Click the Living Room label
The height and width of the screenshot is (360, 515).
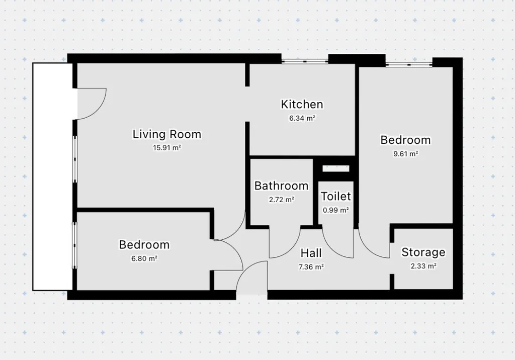pyautogui.click(x=167, y=134)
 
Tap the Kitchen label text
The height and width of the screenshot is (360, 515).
pyautogui.click(x=302, y=105)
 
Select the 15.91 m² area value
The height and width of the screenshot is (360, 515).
pyautogui.click(x=167, y=148)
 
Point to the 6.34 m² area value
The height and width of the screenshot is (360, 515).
pyautogui.click(x=302, y=118)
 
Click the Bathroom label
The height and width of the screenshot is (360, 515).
pyautogui.click(x=281, y=186)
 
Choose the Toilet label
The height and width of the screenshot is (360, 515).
pyautogui.click(x=335, y=197)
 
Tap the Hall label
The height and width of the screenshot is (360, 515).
pyautogui.click(x=311, y=253)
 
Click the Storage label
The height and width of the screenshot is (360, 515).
pyautogui.click(x=423, y=252)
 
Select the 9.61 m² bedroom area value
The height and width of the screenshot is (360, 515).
pyautogui.click(x=406, y=154)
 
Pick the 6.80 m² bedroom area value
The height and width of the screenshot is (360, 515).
pyautogui.click(x=144, y=258)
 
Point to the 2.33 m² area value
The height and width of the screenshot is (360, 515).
pyautogui.click(x=423, y=266)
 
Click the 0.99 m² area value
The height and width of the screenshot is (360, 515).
pyautogui.click(x=335, y=210)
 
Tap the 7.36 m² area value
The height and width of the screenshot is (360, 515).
pyautogui.click(x=311, y=267)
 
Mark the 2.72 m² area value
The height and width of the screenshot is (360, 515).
pyautogui.click(x=281, y=200)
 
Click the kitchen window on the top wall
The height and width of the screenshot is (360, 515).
pyautogui.click(x=305, y=61)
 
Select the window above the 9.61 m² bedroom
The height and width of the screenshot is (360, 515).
pyautogui.click(x=409, y=64)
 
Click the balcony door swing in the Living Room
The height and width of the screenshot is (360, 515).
pyautogui.click(x=98, y=111)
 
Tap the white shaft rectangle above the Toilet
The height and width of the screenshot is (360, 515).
pyautogui.click(x=335, y=168)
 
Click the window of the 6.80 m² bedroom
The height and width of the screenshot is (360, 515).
pyautogui.click(x=74, y=245)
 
